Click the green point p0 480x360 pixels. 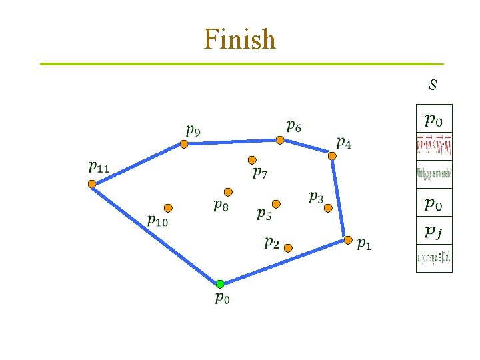(220, 284)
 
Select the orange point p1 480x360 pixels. (348, 240)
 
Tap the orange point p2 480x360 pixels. (287, 247)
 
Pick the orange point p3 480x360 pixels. (327, 208)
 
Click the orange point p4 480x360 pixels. (332, 156)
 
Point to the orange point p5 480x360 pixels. (276, 203)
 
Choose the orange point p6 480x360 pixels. (280, 140)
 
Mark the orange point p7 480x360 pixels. (252, 160)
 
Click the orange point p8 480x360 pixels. (228, 191)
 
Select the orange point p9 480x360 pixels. (184, 143)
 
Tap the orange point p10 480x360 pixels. (168, 208)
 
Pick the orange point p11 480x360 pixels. (92, 185)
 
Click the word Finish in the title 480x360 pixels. (240, 39)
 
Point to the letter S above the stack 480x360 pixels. (433, 85)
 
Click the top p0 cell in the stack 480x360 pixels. (434, 120)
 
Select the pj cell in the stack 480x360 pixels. (434, 231)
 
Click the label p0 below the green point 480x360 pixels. (223, 299)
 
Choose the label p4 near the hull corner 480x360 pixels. (345, 142)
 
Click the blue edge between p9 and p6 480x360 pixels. (232, 141)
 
